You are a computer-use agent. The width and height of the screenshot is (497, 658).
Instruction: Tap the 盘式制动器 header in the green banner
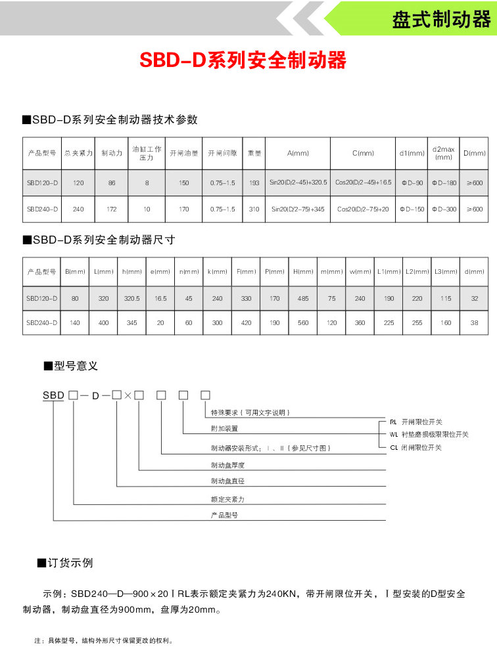pyautogui.click(x=441, y=19)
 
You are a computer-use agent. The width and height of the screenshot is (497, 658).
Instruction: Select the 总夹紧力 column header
pyautogui.click(x=78, y=153)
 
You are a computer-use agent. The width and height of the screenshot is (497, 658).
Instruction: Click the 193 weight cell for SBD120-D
pyautogui.click(x=254, y=182)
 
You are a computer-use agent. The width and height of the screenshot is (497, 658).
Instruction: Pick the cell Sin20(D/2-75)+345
pyautogui.click(x=298, y=209)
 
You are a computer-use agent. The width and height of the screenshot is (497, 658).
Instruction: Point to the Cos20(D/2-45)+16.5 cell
pyautogui.click(x=363, y=182)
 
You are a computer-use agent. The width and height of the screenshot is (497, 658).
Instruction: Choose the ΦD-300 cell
pyautogui.click(x=444, y=209)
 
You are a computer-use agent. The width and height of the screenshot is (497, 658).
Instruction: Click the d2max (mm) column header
pyautogui.click(x=444, y=153)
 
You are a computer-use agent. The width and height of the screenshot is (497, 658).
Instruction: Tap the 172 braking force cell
pyautogui.click(x=112, y=209)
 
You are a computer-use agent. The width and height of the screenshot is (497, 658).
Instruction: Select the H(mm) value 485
pyautogui.click(x=303, y=298)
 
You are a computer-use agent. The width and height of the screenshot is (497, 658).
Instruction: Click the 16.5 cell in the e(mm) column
pyautogui.click(x=160, y=298)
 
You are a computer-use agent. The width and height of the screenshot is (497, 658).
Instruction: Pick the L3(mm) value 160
pyautogui.click(x=446, y=322)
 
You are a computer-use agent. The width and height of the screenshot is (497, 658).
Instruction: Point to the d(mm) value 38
pyautogui.click(x=474, y=322)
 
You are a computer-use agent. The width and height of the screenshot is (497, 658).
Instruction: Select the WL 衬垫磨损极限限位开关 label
pyautogui.click(x=429, y=434)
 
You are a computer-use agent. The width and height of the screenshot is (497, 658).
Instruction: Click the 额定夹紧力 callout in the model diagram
pyautogui.click(x=227, y=499)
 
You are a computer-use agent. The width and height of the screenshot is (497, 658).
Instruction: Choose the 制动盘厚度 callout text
pyautogui.click(x=227, y=465)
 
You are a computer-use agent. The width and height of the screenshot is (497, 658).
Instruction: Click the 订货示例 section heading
pyautogui.click(x=69, y=563)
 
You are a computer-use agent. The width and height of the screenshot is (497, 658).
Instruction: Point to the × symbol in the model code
pyautogui.click(x=128, y=395)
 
